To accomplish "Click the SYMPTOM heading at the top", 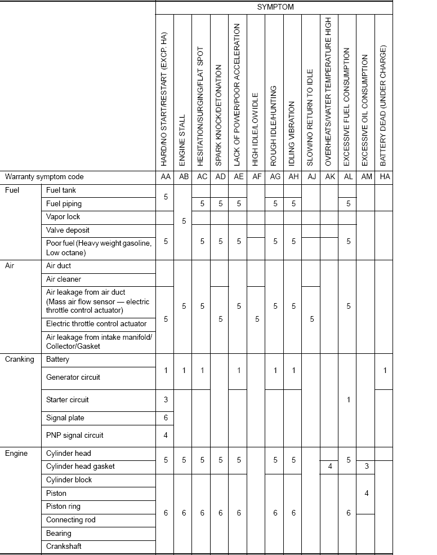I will pos(275,7).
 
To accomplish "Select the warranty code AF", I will pos(257,176).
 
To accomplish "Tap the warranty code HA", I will pos(385,176).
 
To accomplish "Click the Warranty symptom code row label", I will pos(44,176).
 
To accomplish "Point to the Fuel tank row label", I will pos(61,190).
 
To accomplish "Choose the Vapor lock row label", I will pos(63,217).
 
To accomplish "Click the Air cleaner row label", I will pos(64,279).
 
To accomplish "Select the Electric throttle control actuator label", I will pos(96,324).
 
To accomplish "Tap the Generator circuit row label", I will pos(73,377).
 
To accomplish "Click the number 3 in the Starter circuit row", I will pos(166,399).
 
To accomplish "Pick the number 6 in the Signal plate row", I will pos(166,418).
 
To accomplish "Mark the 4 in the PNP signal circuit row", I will pos(166,435).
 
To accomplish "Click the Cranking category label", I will pos(20,359).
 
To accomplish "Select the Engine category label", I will pos(16,453).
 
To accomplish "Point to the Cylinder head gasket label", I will pos(81,467).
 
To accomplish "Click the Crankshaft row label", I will pos(65,547).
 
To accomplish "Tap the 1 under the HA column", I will pos(385,370).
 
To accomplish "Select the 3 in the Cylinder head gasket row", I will pos(367,466).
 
